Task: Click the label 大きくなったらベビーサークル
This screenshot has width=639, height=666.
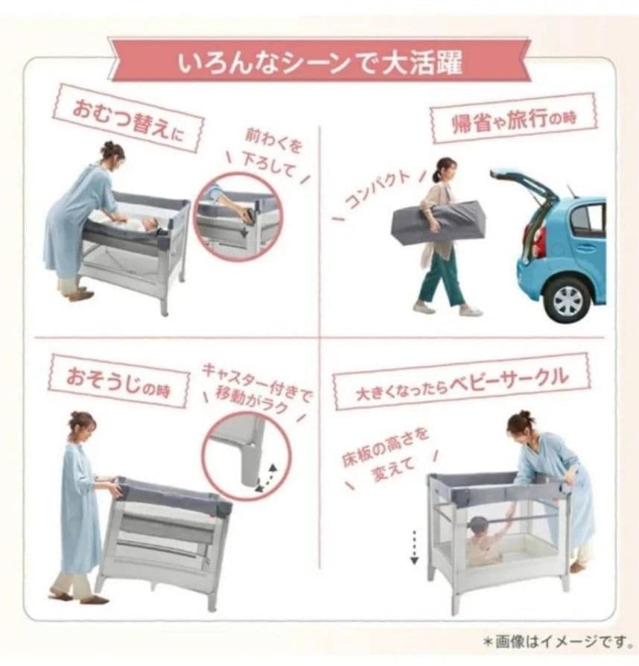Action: coord(461,385)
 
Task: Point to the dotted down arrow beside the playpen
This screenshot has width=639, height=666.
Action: coord(414,547)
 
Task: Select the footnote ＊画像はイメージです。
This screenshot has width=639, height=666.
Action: coord(556,641)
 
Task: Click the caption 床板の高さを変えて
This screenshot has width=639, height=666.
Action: coord(385,456)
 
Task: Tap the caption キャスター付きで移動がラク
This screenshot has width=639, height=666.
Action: coord(257,388)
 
